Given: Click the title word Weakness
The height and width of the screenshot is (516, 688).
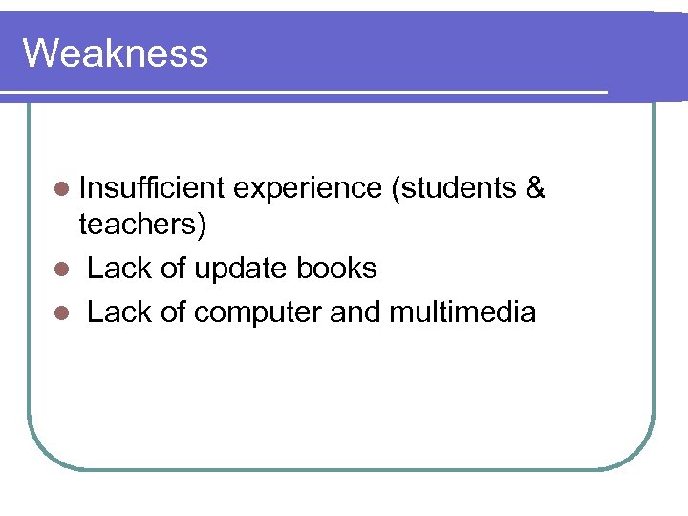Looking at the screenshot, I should pos(115,54).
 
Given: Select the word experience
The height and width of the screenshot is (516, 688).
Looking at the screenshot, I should pos(307,189).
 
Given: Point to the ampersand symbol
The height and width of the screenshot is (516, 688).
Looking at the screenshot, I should pos(535,188).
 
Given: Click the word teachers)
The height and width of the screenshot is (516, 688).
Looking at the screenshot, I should pos(143,226).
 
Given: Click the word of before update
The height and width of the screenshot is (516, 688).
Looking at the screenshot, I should pos(173,269).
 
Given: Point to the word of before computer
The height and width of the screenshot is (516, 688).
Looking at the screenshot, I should pos(173,311).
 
